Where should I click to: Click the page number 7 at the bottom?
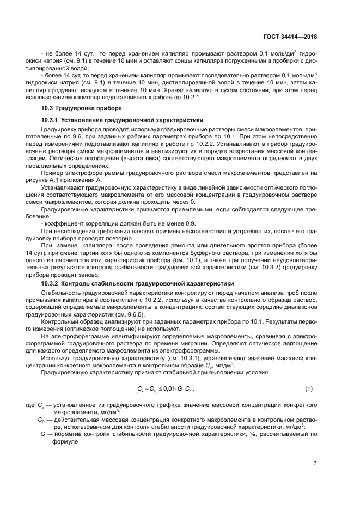click(315, 463)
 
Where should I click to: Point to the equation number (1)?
click(308, 389)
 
